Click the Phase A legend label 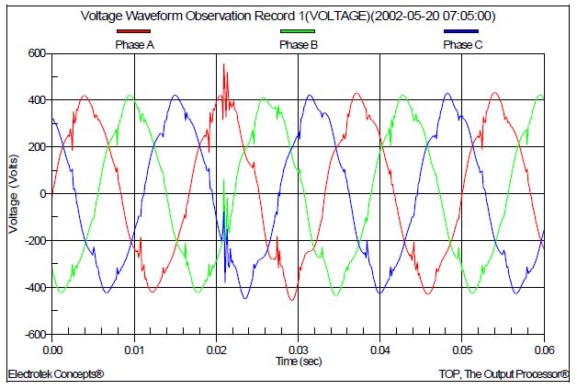(134, 44)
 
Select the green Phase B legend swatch (297, 33)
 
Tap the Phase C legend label (462, 44)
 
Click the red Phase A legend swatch (134, 33)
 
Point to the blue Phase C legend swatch (461, 33)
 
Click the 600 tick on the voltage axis (36, 53)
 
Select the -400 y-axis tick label (34, 288)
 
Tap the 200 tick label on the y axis (36, 147)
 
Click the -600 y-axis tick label (34, 335)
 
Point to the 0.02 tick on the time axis (217, 350)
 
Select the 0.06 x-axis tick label (544, 350)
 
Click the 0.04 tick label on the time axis (380, 350)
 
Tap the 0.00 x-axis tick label (52, 350)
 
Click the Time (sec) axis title (300, 362)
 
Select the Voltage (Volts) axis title (13, 193)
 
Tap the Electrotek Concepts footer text (55, 375)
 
